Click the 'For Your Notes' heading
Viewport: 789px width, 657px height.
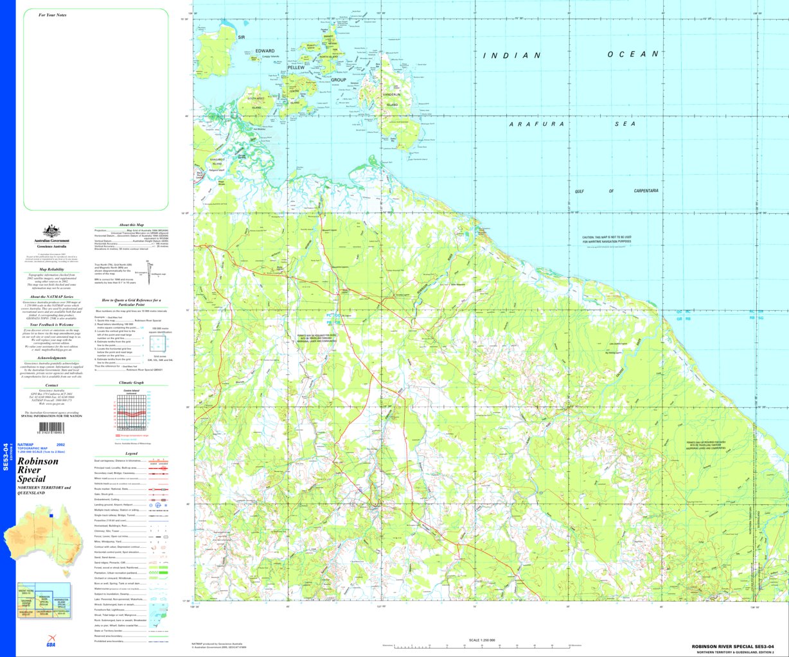[52, 15]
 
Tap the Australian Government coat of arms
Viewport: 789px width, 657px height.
[51, 231]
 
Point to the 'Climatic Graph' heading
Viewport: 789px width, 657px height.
[132, 382]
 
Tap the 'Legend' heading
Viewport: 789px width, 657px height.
[131, 453]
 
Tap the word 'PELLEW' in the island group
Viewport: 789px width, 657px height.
[296, 67]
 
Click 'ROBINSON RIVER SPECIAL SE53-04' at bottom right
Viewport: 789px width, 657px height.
[738, 646]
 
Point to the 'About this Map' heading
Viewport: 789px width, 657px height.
[132, 225]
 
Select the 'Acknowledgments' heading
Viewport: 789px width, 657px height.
[51, 358]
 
